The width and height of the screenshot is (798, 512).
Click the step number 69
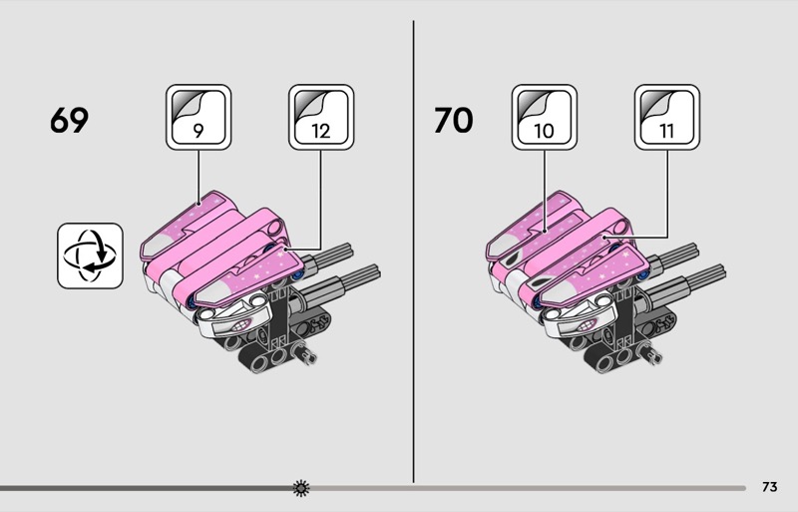tap(69, 120)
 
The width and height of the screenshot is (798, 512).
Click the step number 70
tap(454, 120)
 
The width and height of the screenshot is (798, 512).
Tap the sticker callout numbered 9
tap(199, 117)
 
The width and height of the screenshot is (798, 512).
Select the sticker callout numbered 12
tap(321, 117)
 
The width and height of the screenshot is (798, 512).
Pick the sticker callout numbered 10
tap(544, 117)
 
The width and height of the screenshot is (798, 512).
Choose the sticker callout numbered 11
tap(666, 117)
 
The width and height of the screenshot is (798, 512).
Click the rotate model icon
tap(90, 256)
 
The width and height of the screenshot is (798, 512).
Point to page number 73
tap(769, 487)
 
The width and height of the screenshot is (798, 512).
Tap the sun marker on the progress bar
tap(301, 488)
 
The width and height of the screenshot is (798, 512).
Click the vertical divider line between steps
tap(413, 252)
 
